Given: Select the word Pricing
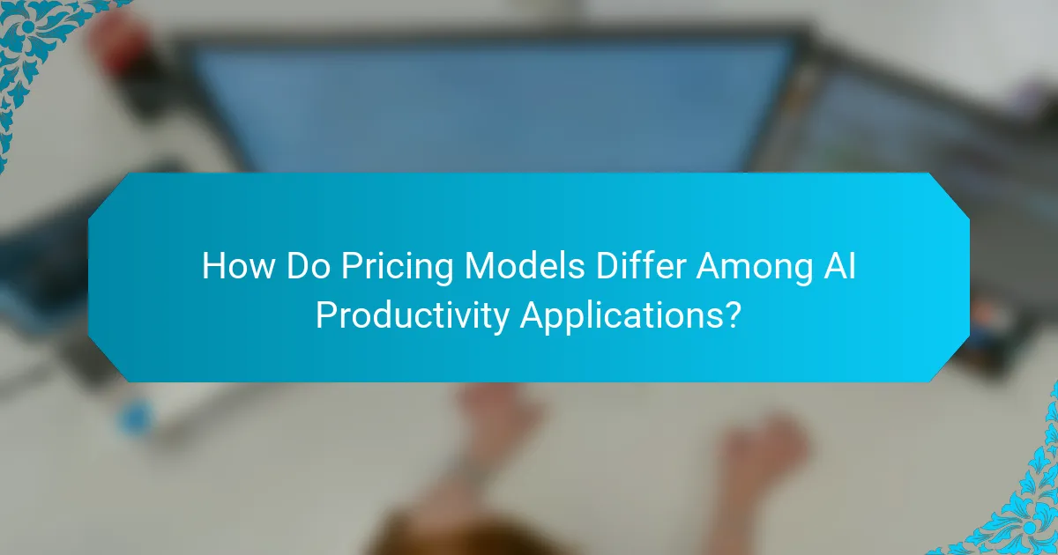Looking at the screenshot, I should click(x=392, y=267).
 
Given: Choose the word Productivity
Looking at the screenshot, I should click(x=412, y=314).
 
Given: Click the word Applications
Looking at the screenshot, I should click(x=622, y=316).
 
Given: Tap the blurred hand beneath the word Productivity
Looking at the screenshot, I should click(x=494, y=423).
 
